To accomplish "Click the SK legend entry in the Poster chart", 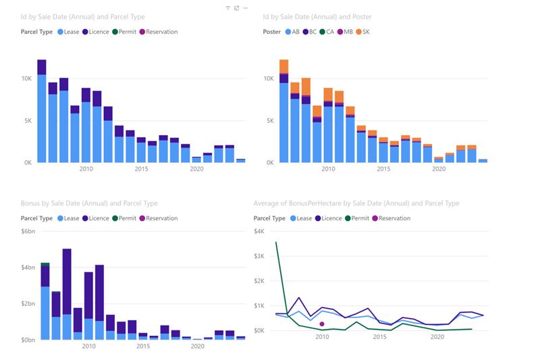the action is (362, 32).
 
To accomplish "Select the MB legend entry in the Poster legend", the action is (345, 32).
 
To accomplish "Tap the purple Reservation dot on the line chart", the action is (322, 324).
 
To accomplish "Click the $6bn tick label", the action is (28, 231).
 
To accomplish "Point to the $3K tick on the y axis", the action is (259, 256).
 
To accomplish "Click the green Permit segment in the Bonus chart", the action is (45, 265).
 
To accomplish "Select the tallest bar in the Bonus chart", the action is (67, 294).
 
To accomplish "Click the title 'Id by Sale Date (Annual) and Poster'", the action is (317, 16).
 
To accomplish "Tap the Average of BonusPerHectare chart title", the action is (356, 203).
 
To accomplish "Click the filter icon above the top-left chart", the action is (227, 8).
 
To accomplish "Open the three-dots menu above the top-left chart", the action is (245, 8).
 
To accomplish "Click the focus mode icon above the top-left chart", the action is (237, 8).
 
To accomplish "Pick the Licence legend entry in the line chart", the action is (328, 218).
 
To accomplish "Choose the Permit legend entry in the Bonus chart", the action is (124, 218).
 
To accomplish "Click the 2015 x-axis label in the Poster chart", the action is (383, 169).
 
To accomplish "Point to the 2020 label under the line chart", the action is (437, 336).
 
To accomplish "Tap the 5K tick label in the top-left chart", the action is (28, 121).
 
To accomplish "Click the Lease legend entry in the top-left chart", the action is (68, 32).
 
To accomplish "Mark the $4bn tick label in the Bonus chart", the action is (28, 267).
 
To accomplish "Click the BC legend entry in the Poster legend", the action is (310, 32).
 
